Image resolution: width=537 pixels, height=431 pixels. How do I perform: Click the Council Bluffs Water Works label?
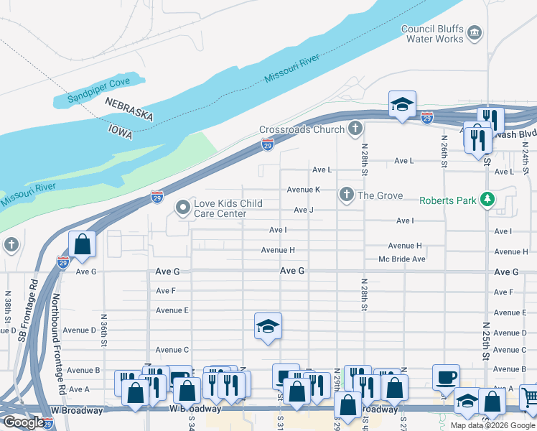pos(431,34)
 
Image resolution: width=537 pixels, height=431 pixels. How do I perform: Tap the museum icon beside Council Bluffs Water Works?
pos(474,33)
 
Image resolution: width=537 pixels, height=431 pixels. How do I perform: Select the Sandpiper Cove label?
pos(99,90)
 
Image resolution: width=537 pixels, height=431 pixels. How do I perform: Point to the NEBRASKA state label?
pos(129,110)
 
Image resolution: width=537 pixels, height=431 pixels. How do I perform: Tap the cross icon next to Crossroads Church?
pos(354,130)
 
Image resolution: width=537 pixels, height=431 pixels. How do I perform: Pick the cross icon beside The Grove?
pos(346,195)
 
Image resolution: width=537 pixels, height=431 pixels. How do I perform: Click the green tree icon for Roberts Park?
pos(488,200)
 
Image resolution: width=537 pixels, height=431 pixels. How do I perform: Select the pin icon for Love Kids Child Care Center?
pos(183,208)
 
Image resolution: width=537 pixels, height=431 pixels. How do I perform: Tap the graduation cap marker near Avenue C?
pos(268,326)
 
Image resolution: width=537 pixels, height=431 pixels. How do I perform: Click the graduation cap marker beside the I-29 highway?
pos(402,104)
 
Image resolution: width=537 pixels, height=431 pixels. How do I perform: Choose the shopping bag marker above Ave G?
pos(83,244)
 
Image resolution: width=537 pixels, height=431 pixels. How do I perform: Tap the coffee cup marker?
pos(446,377)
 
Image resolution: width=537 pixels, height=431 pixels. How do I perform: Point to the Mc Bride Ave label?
pos(402,259)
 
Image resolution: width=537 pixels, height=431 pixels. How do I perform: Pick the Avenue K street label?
pos(303,190)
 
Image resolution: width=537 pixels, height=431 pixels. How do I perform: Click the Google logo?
pos(23,423)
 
